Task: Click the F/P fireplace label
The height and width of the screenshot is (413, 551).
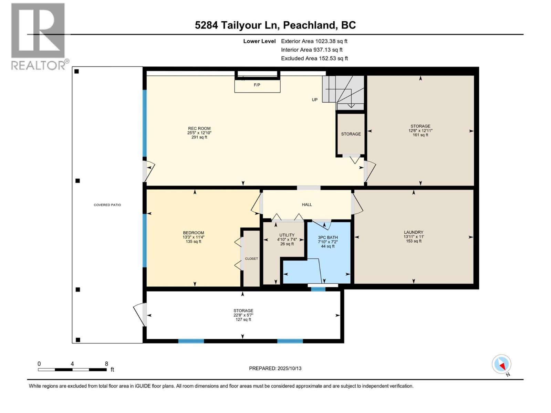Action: pyautogui.click(x=257, y=85)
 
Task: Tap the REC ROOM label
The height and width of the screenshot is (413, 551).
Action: pyautogui.click(x=199, y=128)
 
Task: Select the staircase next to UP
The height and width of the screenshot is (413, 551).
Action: pyautogui.click(x=343, y=92)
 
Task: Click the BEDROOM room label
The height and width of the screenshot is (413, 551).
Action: pyautogui.click(x=193, y=233)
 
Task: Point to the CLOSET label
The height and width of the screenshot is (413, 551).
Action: pyautogui.click(x=251, y=258)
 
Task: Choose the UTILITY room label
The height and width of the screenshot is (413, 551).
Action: pyautogui.click(x=287, y=235)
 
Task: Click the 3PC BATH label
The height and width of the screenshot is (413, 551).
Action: pyautogui.click(x=328, y=237)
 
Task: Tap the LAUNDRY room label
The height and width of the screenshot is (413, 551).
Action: pyautogui.click(x=413, y=232)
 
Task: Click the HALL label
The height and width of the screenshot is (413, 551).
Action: pyautogui.click(x=306, y=204)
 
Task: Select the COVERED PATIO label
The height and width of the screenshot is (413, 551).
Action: pyautogui.click(x=107, y=205)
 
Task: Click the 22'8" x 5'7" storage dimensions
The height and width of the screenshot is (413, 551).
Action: pyautogui.click(x=243, y=315)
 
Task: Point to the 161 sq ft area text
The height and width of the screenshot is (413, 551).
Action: pyautogui.click(x=420, y=135)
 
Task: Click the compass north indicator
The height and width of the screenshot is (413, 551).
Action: pyautogui.click(x=502, y=364)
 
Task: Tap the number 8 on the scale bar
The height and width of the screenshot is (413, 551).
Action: pyautogui.click(x=106, y=364)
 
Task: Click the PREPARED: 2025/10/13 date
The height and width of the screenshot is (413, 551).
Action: pyautogui.click(x=275, y=368)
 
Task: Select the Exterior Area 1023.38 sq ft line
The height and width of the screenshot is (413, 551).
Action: pyautogui.click(x=314, y=41)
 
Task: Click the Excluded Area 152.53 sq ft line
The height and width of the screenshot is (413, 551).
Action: pyautogui.click(x=314, y=58)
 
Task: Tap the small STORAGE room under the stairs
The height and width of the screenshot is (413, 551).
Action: pyautogui.click(x=351, y=134)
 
